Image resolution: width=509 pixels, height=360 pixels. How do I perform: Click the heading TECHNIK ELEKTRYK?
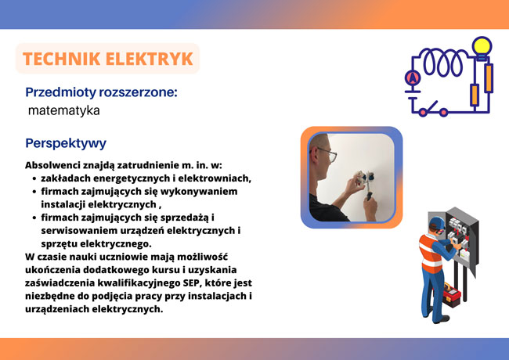coord(108,59)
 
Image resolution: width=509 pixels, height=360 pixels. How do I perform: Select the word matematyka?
coord(64,110)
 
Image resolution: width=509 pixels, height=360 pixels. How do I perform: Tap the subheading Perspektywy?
coord(66,143)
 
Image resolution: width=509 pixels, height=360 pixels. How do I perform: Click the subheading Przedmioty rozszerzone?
coord(102,92)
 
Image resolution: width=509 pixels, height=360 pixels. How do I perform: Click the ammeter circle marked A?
coord(413,77)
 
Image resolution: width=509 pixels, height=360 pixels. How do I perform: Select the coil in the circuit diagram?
coord(443,62)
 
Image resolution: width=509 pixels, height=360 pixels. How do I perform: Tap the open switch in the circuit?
coord(433,110)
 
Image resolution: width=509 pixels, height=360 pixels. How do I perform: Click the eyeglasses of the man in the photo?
coord(325,153)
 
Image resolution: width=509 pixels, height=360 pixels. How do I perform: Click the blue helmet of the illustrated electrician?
coord(436,223)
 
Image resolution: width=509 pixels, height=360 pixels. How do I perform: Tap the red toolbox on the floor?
coord(450,295)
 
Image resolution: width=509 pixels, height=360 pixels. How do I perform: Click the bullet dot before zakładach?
coord(34,178)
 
